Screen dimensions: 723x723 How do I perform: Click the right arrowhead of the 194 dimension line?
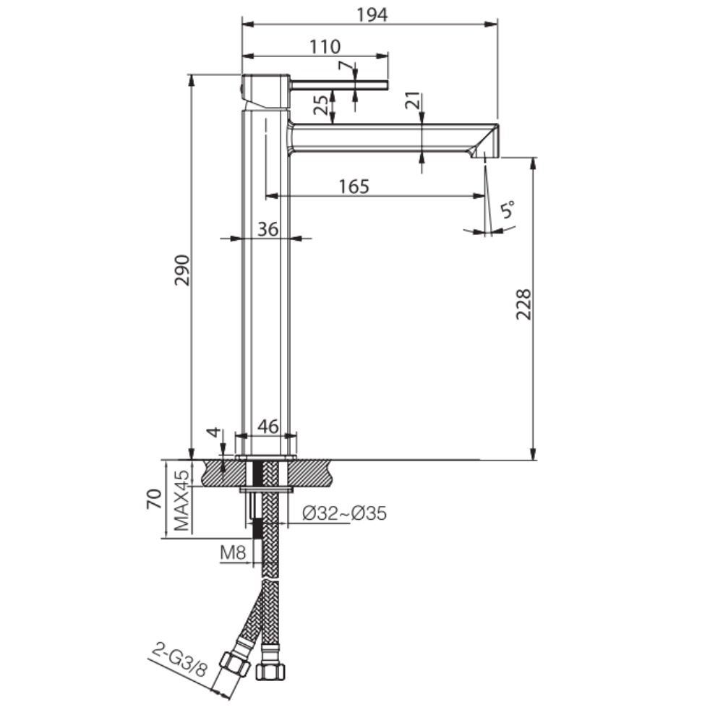click(492, 24)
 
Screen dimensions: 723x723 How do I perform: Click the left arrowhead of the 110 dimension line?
click(249, 56)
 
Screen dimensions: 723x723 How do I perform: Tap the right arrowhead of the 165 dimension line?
click(479, 196)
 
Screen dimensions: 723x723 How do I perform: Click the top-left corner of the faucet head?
click(242, 74)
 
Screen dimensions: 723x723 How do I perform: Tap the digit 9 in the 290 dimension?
click(182, 270)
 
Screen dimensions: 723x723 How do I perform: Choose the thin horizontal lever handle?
click(340, 85)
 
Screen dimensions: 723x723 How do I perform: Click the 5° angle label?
click(508, 210)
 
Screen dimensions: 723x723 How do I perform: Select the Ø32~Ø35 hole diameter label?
click(344, 513)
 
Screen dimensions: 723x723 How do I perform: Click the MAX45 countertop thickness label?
click(181, 500)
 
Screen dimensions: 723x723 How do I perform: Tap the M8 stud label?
click(234, 552)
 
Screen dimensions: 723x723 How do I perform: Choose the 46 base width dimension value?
click(268, 427)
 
